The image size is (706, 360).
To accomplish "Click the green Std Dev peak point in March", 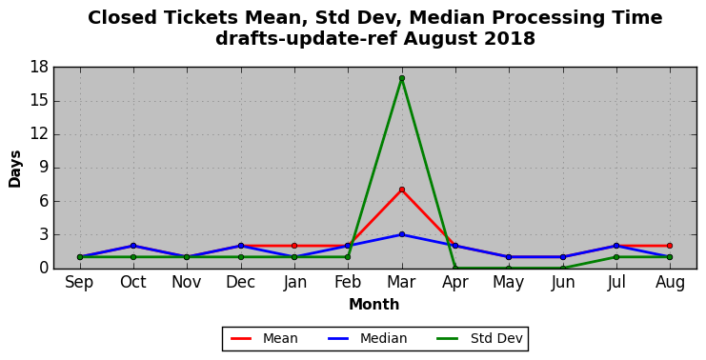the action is (402, 78).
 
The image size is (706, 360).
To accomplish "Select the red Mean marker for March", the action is (402, 190).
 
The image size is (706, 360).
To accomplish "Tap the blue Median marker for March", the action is (402, 234).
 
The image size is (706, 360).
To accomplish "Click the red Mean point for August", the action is (670, 246).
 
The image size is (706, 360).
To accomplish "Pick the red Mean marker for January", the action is (294, 246).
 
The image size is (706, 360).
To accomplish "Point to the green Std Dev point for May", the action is (509, 269).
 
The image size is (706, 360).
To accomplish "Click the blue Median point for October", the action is (133, 246).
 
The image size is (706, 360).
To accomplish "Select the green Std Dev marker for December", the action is (241, 257).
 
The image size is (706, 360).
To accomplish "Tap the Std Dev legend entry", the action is (479, 338).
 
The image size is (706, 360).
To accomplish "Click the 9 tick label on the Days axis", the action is (44, 168).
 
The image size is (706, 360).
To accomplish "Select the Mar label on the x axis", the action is (402, 283).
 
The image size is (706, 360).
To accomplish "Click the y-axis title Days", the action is (15, 169).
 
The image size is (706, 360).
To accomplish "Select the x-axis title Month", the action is (374, 305).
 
